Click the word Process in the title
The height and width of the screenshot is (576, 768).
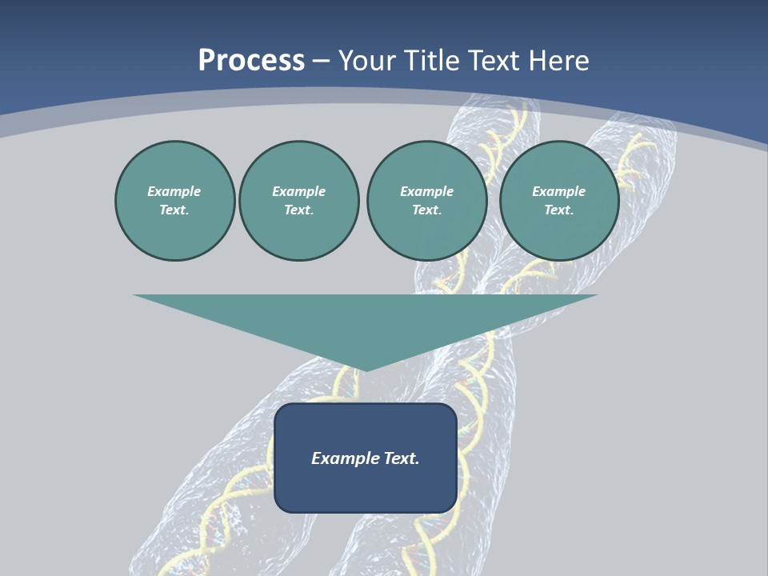[251, 61]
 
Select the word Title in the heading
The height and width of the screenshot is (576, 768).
[433, 61]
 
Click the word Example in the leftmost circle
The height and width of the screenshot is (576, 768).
[174, 191]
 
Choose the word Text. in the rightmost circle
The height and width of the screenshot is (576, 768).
[558, 210]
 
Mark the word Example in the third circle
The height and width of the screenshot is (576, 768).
[426, 191]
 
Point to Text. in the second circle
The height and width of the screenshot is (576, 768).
[298, 210]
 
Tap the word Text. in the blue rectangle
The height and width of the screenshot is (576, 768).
[402, 458]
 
